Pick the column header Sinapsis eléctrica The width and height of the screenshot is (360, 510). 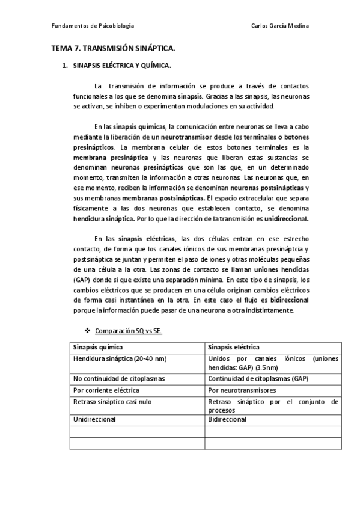pyautogui.click(x=234, y=348)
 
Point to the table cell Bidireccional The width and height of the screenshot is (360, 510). pyautogui.click(x=227, y=419)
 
